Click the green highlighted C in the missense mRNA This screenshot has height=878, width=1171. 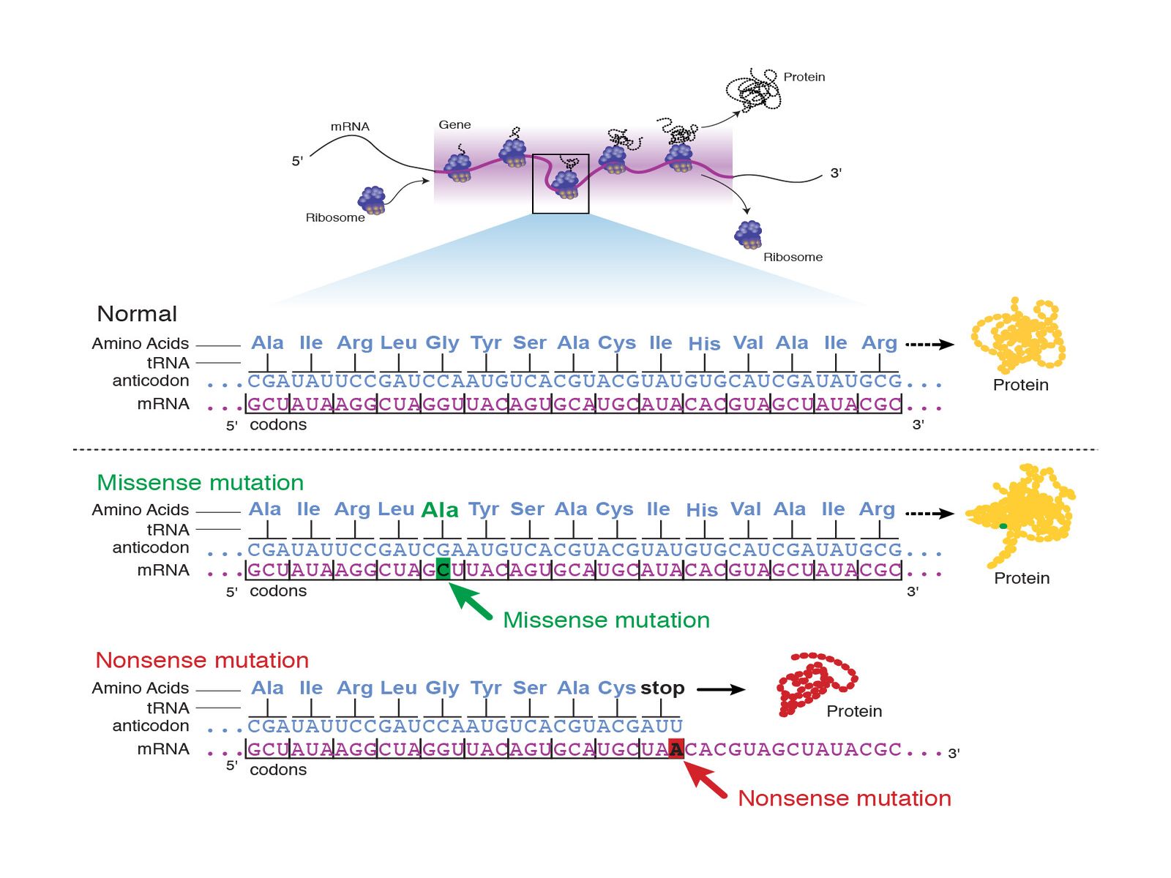(x=443, y=569)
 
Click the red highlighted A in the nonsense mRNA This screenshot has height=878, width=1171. (x=676, y=748)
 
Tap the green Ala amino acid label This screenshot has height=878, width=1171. (x=440, y=510)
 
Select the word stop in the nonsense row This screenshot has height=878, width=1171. (x=662, y=688)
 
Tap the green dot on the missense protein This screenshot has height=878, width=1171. (x=1003, y=526)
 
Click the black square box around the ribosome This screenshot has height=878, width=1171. (x=561, y=184)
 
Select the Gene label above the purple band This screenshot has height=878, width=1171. (x=454, y=125)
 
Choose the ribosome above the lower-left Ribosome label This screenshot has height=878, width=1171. (x=372, y=200)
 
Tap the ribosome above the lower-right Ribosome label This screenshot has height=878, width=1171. (x=749, y=235)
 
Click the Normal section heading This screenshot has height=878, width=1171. (x=137, y=314)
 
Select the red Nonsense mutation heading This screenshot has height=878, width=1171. (x=202, y=660)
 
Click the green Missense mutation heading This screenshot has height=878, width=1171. (x=200, y=483)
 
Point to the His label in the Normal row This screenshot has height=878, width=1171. (x=704, y=344)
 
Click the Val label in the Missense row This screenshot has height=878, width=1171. (x=746, y=509)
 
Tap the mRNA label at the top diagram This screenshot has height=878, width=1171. (x=350, y=127)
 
